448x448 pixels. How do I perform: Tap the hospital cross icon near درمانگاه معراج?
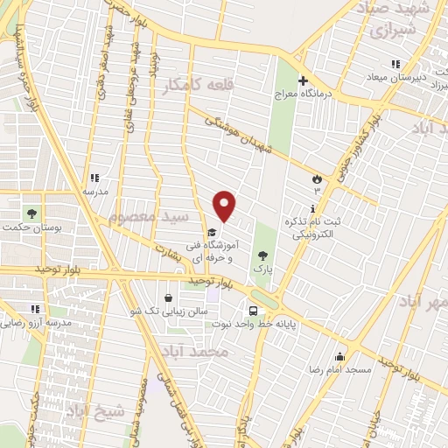point(303,80)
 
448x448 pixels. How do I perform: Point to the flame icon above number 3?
point(316,177)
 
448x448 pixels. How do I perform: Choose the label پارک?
point(263,269)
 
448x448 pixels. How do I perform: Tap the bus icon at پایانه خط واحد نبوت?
point(253,310)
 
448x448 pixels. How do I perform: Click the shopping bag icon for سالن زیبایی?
point(169,297)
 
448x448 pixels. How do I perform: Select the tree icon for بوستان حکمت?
point(32,213)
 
